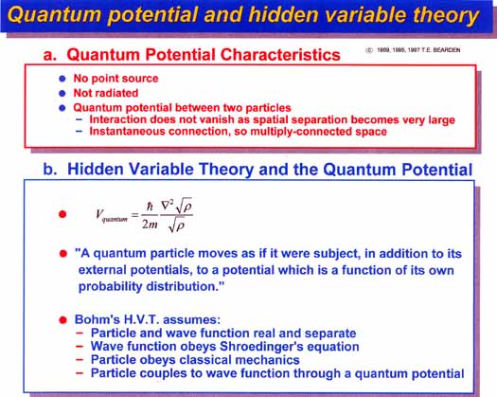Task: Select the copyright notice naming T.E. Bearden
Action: [x=413, y=50]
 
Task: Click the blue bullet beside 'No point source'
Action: [x=62, y=79]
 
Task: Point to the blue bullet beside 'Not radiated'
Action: [x=62, y=93]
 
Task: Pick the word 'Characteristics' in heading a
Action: [x=280, y=55]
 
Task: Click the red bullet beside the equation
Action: [x=62, y=214]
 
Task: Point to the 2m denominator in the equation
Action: [x=150, y=225]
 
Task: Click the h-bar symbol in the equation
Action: [x=150, y=207]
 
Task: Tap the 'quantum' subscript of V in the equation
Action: [x=115, y=219]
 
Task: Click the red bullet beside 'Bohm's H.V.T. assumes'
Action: [x=62, y=319]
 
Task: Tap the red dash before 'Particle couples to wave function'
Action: [x=80, y=373]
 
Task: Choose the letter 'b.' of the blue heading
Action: [x=50, y=169]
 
